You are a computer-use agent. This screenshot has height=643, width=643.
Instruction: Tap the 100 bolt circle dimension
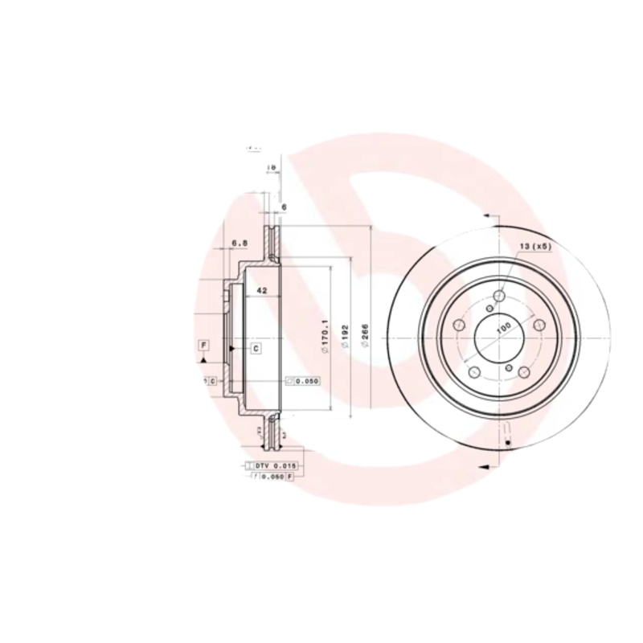pyautogui.click(x=503, y=328)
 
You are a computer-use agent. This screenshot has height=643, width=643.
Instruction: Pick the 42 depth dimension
pyautogui.click(x=261, y=291)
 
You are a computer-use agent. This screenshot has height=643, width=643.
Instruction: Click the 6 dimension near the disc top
pyautogui.click(x=284, y=207)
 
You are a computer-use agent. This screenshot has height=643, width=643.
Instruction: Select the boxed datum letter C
pyautogui.click(x=256, y=348)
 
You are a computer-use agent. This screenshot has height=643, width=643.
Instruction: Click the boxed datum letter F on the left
pyautogui.click(x=204, y=346)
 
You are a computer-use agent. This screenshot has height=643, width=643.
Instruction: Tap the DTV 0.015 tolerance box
pyautogui.click(x=276, y=465)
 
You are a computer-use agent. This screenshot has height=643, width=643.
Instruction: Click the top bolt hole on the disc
pyautogui.click(x=498, y=297)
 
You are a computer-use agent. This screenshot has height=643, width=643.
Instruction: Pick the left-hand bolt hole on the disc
pyautogui.click(x=460, y=325)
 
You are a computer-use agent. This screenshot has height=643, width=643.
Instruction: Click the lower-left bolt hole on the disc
pyautogui.click(x=474, y=372)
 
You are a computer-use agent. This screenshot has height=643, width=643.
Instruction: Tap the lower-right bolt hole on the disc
pyautogui.click(x=522, y=372)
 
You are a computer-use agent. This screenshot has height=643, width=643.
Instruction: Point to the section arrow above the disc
pyautogui.click(x=487, y=215)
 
